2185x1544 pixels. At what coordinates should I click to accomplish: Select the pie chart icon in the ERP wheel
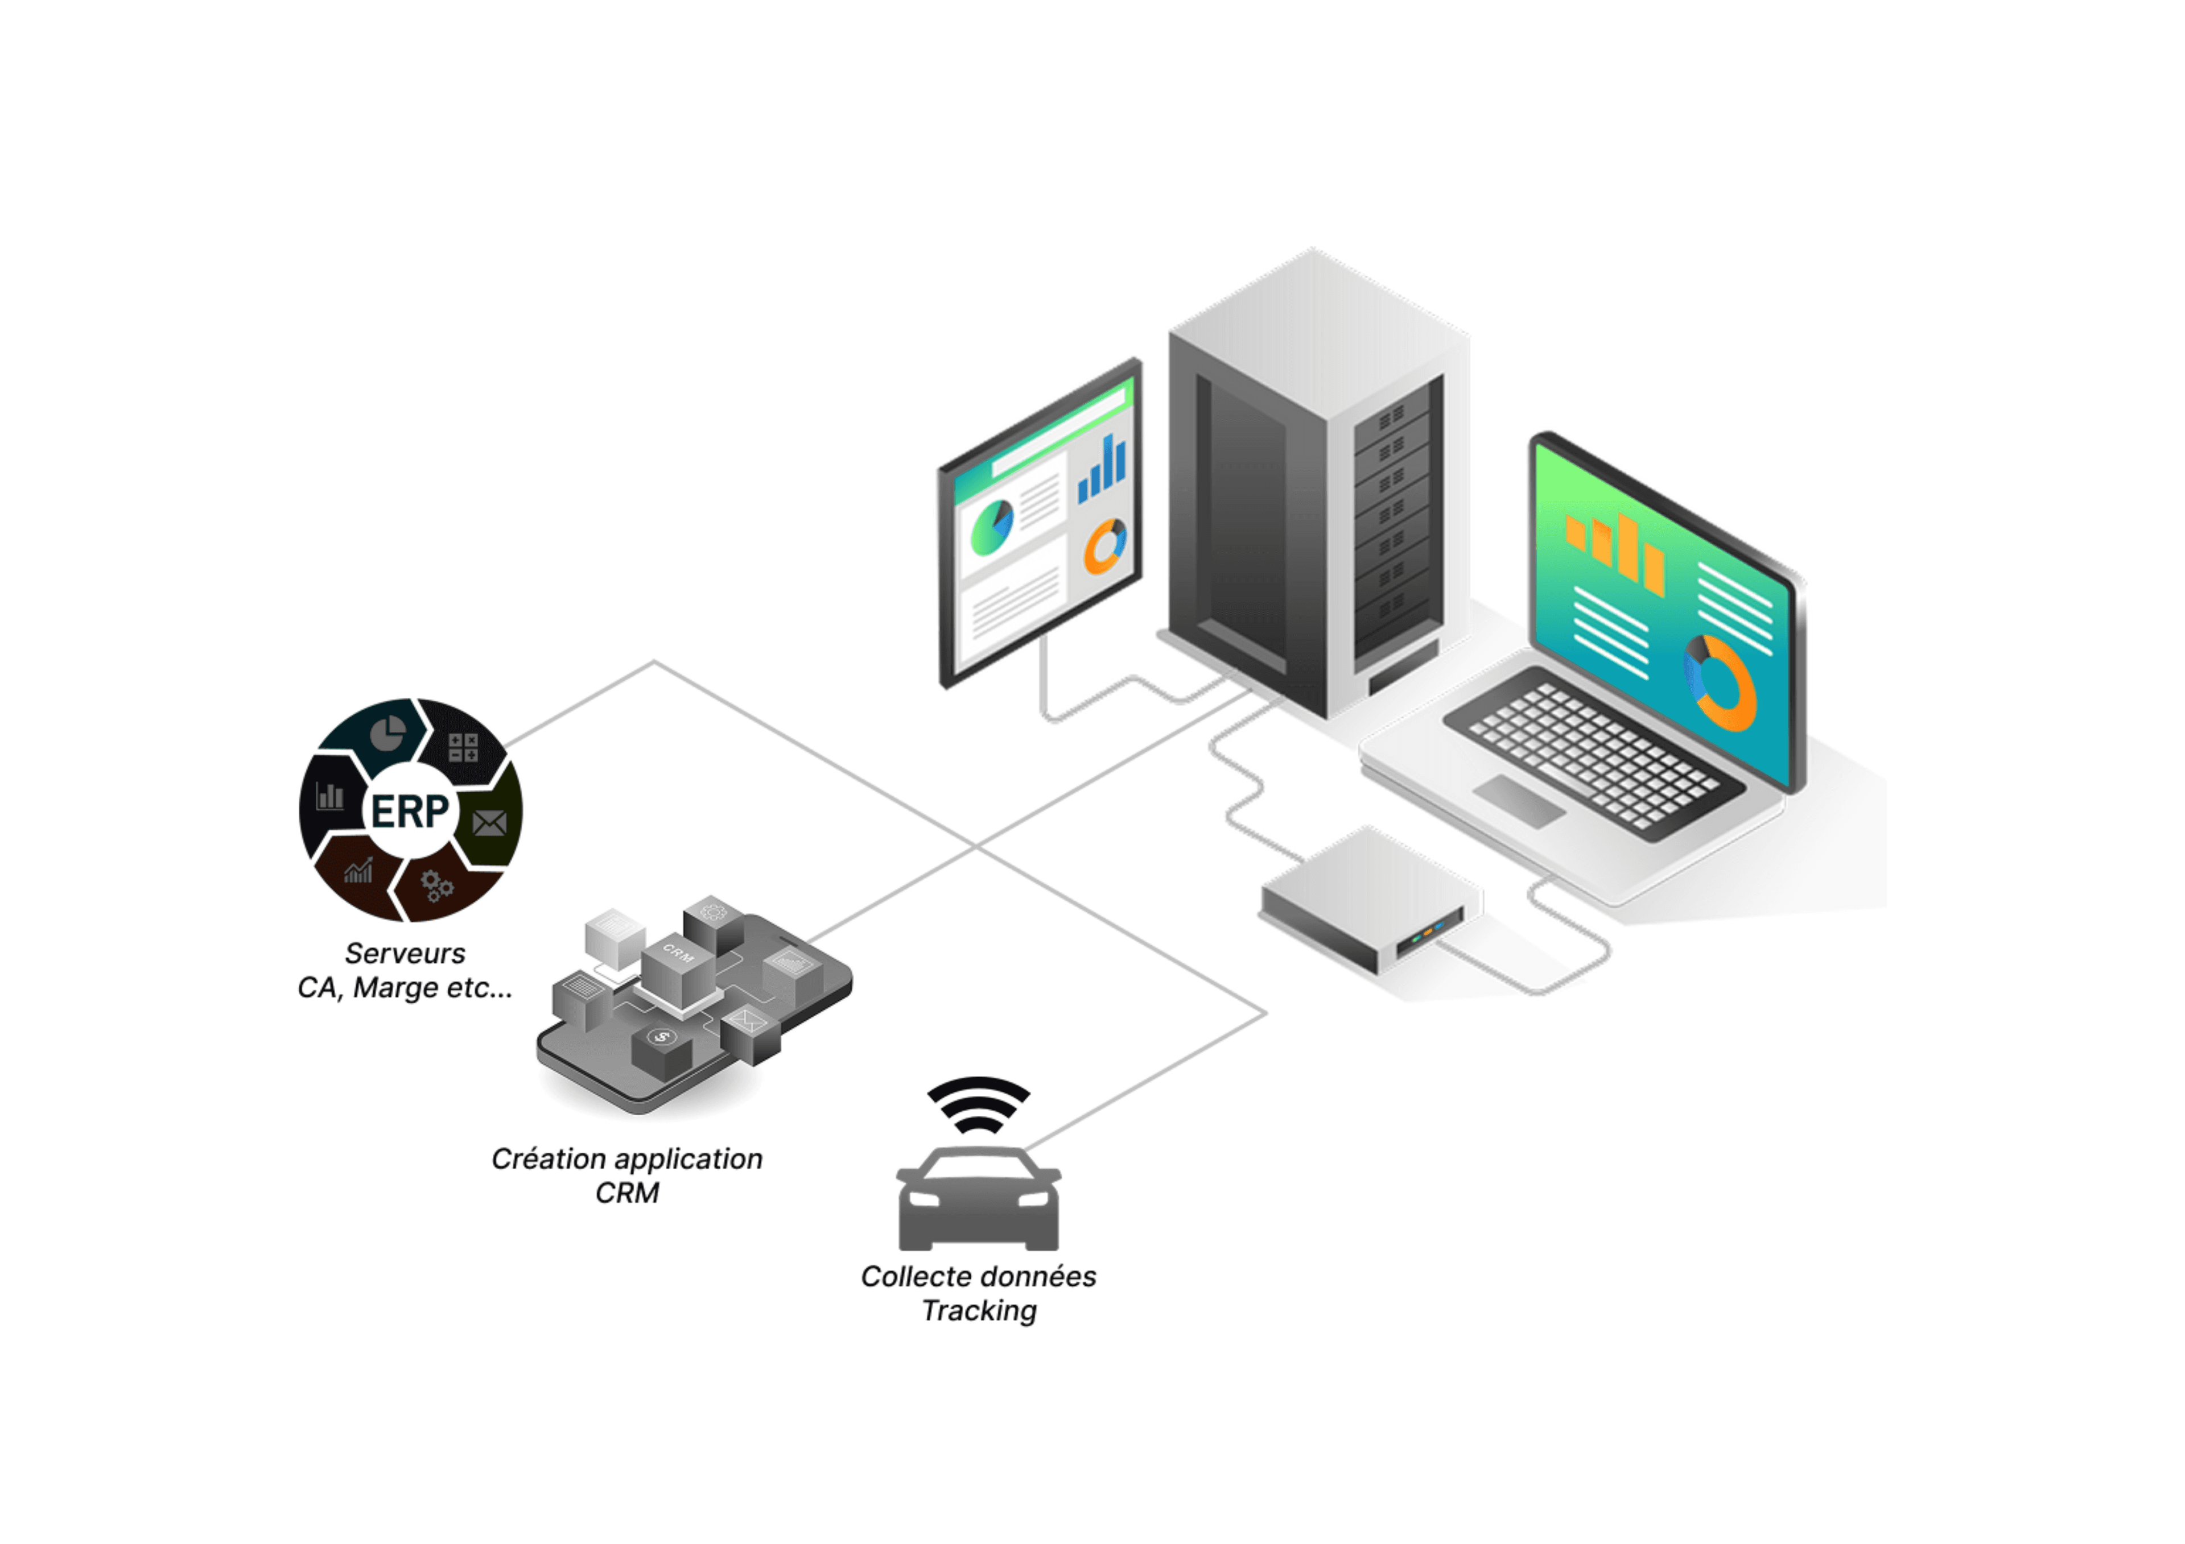tap(387, 734)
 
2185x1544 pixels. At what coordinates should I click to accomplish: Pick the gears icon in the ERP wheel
tap(437, 885)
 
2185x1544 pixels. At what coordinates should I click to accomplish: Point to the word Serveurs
tap(405, 953)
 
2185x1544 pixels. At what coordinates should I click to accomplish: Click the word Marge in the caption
tap(395, 988)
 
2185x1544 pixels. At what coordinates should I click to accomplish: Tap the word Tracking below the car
tap(979, 1311)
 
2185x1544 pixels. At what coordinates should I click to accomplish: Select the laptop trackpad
tap(1519, 799)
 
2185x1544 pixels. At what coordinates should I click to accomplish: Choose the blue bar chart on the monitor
tap(1102, 470)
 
